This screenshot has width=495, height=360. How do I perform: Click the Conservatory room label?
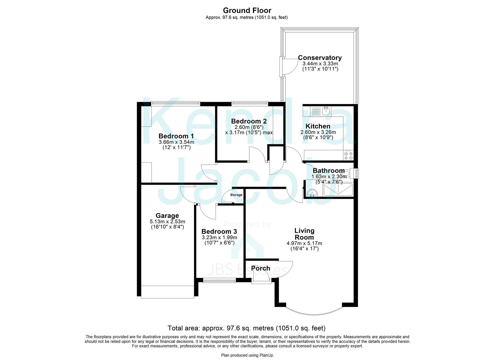pos(320,58)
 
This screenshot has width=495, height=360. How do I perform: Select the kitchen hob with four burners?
pos(349,155)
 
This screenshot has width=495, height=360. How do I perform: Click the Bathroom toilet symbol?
pos(347,173)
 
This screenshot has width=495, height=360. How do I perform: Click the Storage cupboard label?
pos(236,195)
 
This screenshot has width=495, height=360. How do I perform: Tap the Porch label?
pos(260,268)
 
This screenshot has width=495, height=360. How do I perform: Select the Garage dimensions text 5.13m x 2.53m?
pos(167,221)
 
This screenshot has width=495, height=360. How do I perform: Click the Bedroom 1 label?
pos(176,136)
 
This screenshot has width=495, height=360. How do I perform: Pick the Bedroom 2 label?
pos(249,121)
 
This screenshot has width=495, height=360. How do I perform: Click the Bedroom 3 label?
pos(219,231)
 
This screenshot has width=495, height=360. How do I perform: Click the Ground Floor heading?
pos(247,10)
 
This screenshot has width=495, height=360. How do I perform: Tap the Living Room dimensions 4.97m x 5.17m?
pos(304,243)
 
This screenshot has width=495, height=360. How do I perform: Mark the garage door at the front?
pos(167,291)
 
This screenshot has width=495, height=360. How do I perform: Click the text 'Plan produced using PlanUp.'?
pos(247,355)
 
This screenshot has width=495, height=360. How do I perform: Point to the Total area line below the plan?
pos(247,328)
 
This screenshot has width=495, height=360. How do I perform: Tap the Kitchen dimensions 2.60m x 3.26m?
pos(318,132)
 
